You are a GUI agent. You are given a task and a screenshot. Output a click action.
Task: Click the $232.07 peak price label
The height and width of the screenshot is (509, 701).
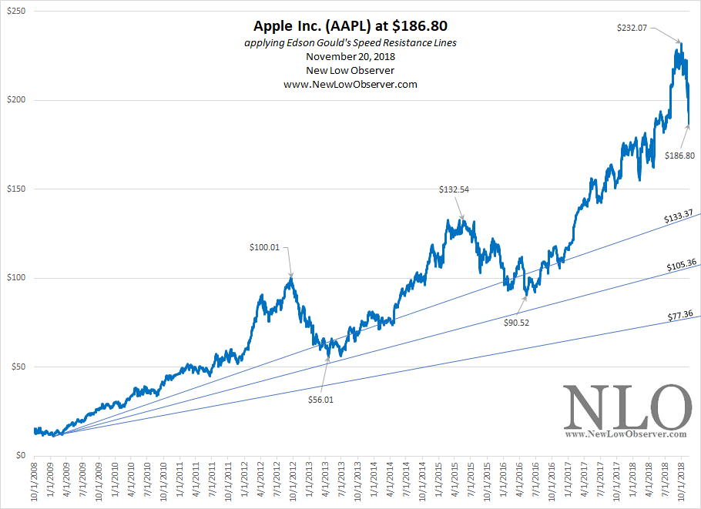[x=632, y=28]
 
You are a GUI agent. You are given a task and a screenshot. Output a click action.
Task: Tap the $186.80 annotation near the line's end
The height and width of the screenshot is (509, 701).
[x=679, y=155]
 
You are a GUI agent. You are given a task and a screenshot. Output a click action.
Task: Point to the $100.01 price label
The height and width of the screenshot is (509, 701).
[x=264, y=247]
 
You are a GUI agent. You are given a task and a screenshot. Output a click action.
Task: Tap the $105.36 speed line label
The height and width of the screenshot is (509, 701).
[x=682, y=266]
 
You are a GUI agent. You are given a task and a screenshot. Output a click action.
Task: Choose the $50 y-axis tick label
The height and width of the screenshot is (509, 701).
[x=17, y=367]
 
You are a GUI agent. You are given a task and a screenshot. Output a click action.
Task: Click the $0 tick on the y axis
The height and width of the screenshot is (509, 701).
[x=19, y=455]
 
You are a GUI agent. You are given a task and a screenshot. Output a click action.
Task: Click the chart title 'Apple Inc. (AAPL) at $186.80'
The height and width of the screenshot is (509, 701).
[x=350, y=26]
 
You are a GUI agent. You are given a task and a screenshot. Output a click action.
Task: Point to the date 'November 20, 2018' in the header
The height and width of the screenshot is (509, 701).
[x=350, y=57]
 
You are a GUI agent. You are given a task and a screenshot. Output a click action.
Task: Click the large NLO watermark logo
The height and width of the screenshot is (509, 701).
[x=626, y=408]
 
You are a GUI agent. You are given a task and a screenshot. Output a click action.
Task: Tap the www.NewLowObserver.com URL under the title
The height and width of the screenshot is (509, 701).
[x=350, y=85]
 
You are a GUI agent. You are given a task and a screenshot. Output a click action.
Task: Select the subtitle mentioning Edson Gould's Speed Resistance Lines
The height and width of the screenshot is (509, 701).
[x=350, y=43]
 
